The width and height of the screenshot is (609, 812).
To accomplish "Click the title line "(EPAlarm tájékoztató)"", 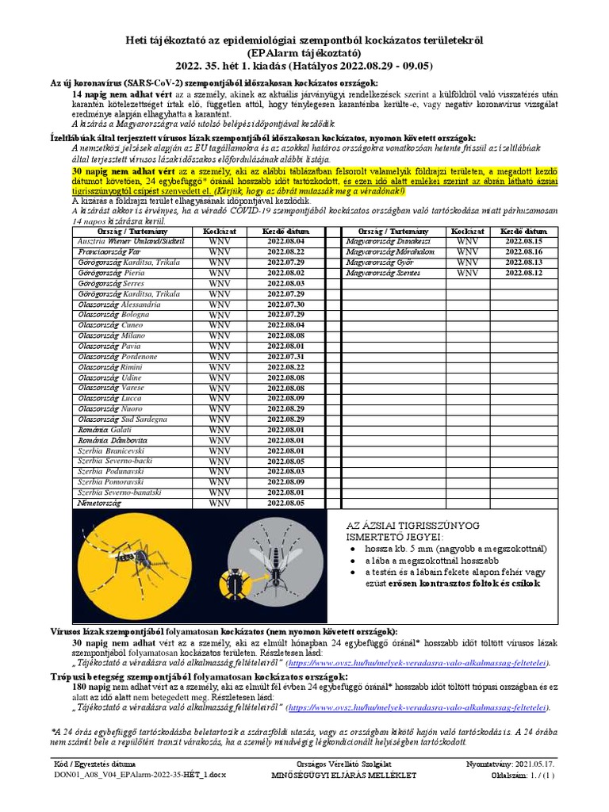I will (x=304, y=53).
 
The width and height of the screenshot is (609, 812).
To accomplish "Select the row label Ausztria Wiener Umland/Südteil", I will (x=131, y=240).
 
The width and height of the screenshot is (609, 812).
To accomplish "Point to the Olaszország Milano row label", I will (x=112, y=335).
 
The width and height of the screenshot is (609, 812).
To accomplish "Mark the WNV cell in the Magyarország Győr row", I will (x=467, y=262).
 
